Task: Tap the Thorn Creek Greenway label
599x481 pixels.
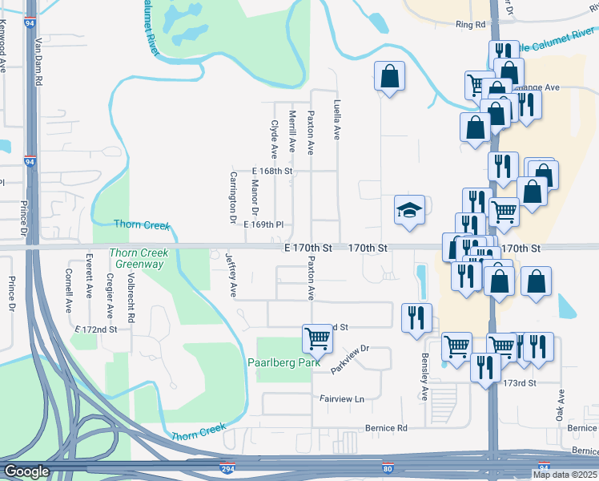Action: [x=137, y=257]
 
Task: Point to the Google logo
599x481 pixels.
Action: [x=26, y=471]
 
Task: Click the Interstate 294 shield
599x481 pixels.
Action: [x=227, y=467]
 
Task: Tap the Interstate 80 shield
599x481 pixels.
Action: [x=388, y=467]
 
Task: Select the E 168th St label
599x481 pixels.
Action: [x=272, y=171]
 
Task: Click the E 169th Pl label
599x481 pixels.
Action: [x=264, y=225]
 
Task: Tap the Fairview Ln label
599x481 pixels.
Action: [x=341, y=398]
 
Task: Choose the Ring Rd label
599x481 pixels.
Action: [x=471, y=25]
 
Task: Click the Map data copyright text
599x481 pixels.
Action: [x=565, y=475]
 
